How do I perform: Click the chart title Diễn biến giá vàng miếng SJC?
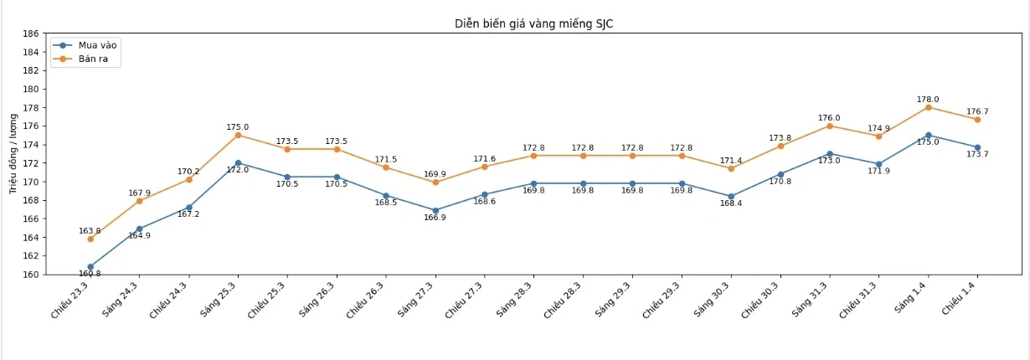coord(533,23)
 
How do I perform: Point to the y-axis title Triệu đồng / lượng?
coord(13,154)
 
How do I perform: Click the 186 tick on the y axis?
coord(30,33)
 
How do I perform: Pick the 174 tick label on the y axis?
coord(30,145)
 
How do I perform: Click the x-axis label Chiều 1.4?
coord(960,297)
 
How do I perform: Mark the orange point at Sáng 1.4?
coord(928,107)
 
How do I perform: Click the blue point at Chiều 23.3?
coord(90,267)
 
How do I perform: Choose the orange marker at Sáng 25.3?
coord(238,135)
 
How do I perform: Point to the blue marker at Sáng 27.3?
coord(435,211)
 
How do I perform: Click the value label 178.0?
coord(928,99)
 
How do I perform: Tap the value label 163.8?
coord(90,230)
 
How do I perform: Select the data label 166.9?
coord(435,219)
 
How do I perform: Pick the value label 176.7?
coord(977,111)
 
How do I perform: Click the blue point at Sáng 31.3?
coord(829,154)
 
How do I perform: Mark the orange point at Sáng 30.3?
coord(731,168)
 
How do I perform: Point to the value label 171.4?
coord(731,160)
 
